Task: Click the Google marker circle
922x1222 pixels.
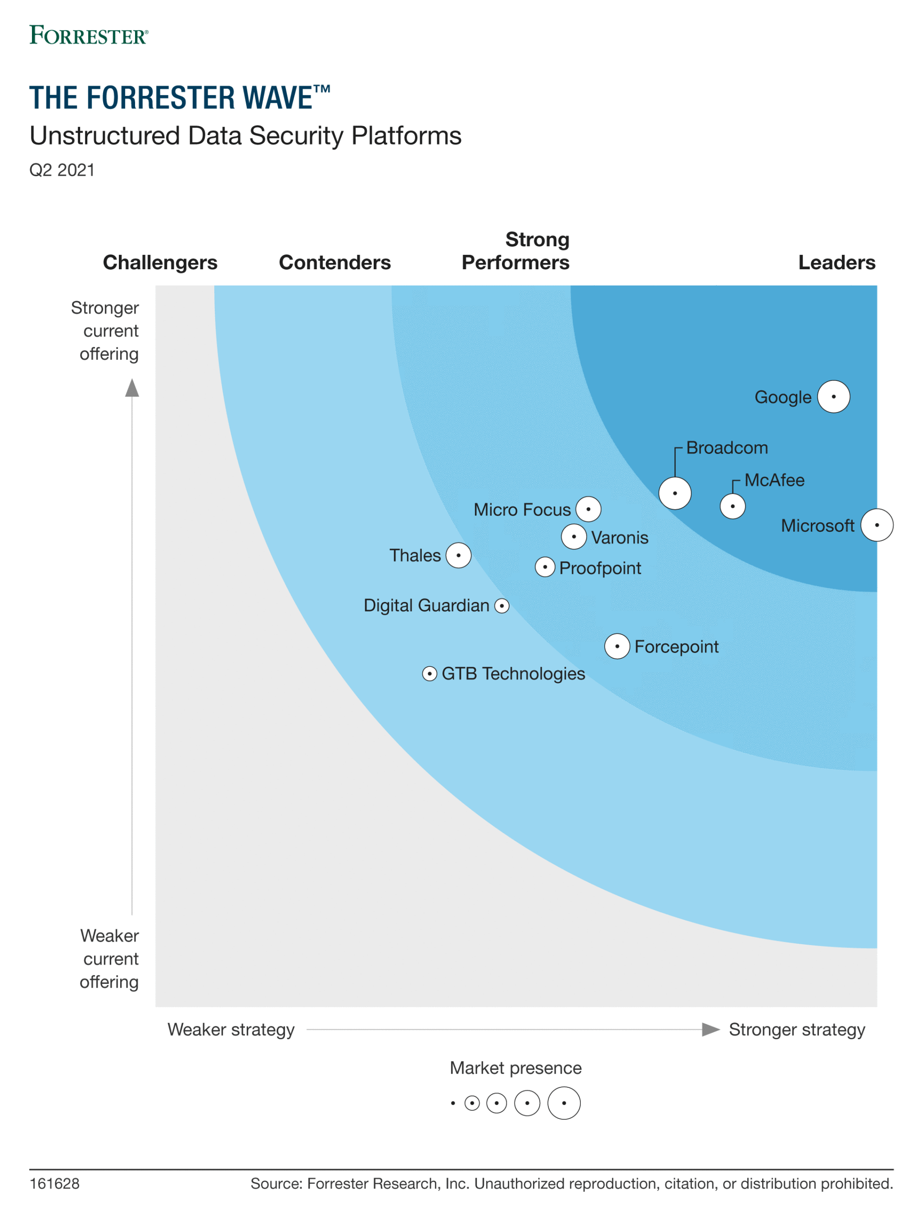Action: coord(833,397)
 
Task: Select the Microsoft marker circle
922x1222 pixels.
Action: coord(877,525)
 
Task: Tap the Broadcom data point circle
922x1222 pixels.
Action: coord(674,493)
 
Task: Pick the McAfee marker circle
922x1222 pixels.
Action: coord(733,506)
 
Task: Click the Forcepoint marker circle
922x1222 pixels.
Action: coord(617,646)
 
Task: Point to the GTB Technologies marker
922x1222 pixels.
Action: coord(429,674)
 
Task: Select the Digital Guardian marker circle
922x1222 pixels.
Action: coord(502,606)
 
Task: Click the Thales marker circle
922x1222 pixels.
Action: coord(459,555)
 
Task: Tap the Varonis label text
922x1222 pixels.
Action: coord(619,537)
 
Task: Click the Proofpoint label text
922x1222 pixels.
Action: coord(600,568)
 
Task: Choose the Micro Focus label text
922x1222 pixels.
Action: coord(522,509)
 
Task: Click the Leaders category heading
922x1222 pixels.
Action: coord(837,263)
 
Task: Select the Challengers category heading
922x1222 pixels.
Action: coord(160,263)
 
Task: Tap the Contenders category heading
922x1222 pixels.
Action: coord(335,263)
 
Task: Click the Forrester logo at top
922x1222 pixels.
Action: coord(88,35)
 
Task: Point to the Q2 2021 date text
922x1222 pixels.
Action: coord(62,169)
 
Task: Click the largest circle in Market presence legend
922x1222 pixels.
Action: coord(564,1103)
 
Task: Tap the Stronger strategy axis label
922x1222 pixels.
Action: coord(796,1029)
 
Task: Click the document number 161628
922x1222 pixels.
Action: coord(54,1184)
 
